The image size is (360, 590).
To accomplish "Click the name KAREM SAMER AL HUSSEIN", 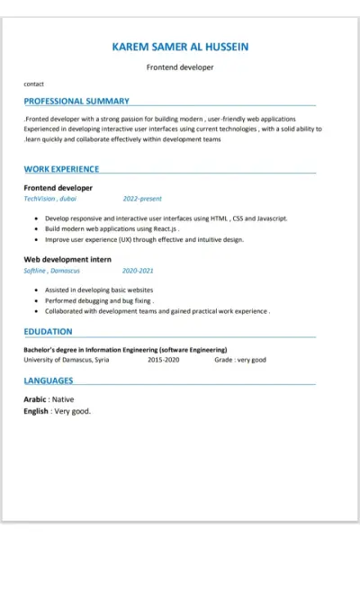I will coord(180,46).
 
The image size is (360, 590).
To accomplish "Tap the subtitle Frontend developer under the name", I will coord(180,67).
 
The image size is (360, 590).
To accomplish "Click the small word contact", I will coord(33,84).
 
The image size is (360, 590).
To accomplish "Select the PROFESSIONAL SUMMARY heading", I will coord(76,102).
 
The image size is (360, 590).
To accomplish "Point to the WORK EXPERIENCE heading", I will coord(61,169).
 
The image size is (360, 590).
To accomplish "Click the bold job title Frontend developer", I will coord(58,188).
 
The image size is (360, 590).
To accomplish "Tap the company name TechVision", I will coord(40,199).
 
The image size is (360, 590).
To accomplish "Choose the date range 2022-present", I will coord(142,199).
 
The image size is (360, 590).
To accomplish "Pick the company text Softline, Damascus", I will coord(51,270).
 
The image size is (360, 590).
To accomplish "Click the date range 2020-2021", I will coord(138,270).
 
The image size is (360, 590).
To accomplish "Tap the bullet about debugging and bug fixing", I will coord(99,300).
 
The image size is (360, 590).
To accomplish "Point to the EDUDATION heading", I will coord(49,332).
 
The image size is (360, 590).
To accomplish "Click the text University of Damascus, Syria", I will coord(67,360).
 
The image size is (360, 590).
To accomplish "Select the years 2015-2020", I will coord(164,360).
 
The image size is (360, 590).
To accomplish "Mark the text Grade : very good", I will coord(240,360).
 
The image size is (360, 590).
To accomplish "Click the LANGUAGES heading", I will coord(50,381).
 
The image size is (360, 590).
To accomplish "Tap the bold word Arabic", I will coord(35,398).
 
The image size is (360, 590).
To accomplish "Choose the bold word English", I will coord(36,411).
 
